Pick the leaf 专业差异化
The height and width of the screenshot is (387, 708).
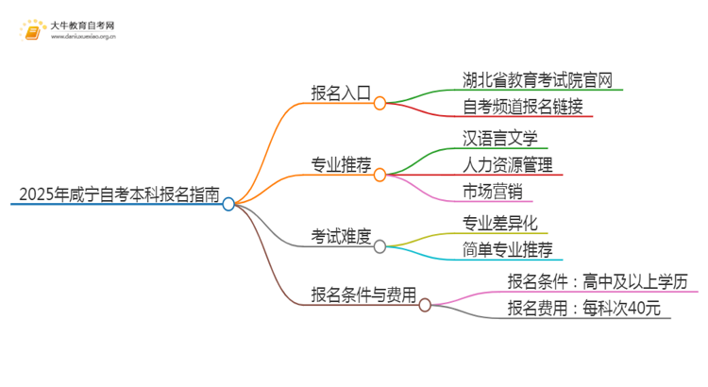click(x=500, y=224)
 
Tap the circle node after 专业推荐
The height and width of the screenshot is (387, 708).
click(x=379, y=175)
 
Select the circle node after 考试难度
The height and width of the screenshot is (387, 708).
click(x=379, y=246)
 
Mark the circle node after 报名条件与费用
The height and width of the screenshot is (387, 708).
click(x=425, y=305)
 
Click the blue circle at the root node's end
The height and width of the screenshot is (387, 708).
click(x=228, y=204)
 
